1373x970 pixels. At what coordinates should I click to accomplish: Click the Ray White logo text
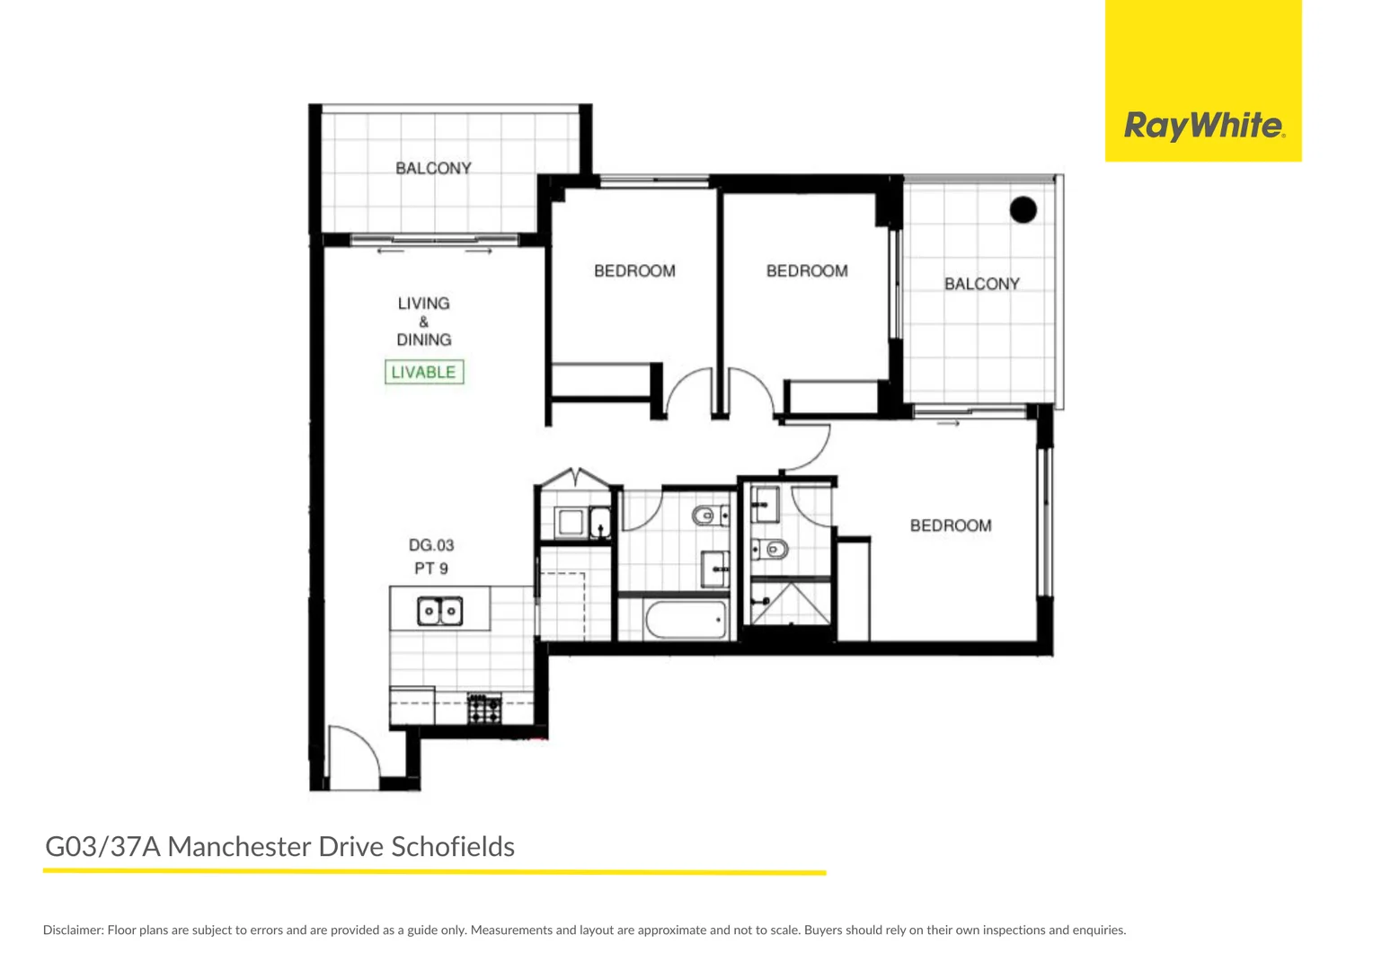[1204, 126]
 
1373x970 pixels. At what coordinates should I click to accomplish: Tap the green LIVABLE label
[424, 372]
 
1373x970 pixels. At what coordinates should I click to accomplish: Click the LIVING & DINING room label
[423, 322]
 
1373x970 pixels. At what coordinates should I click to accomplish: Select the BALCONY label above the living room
[433, 168]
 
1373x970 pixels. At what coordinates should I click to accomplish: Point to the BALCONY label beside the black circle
[982, 284]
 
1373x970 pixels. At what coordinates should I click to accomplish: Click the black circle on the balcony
[1023, 209]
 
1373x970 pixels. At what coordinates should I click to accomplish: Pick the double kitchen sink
[439, 611]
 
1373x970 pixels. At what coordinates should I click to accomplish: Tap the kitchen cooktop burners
[484, 709]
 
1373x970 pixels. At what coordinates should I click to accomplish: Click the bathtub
[686, 620]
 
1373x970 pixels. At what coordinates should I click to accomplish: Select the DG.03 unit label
[431, 545]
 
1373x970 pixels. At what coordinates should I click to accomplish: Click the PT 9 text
[431, 569]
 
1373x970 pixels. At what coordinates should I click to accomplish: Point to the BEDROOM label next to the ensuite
[951, 525]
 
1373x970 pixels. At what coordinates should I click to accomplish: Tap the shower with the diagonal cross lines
[791, 603]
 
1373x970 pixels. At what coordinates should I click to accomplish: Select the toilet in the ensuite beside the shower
[771, 549]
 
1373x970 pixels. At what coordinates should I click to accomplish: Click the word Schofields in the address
[453, 846]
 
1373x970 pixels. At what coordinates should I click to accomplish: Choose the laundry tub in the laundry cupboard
[571, 522]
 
